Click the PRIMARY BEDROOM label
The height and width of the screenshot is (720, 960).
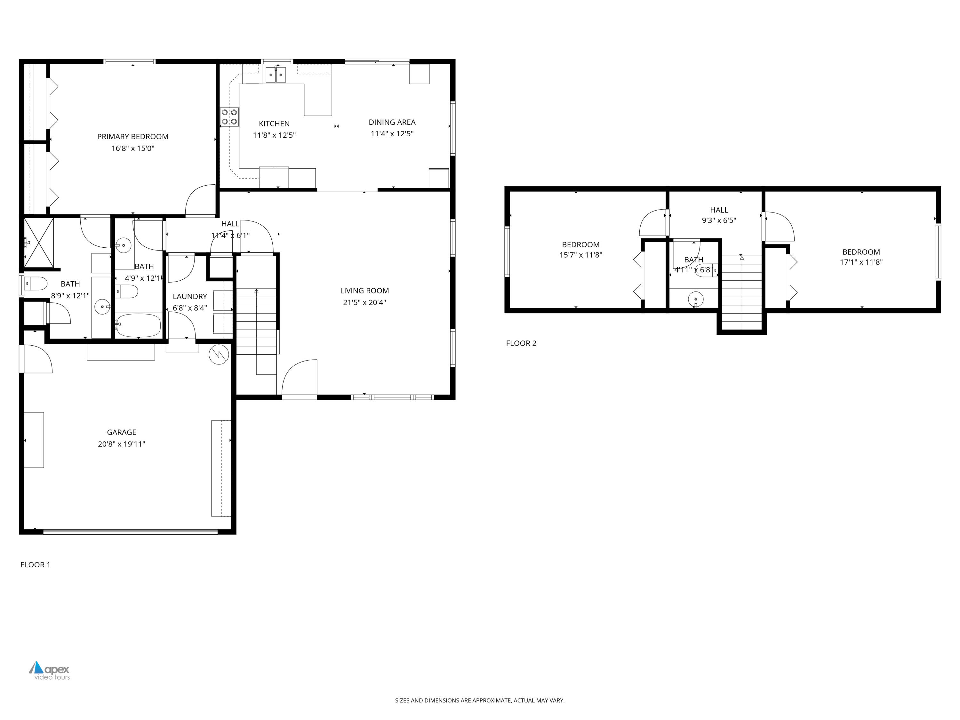coord(132,137)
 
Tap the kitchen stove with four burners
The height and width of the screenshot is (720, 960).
coord(229,117)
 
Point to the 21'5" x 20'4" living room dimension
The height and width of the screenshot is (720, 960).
coord(364,302)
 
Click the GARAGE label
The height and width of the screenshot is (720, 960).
coord(122,432)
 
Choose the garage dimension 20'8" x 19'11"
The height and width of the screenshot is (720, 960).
coord(122,444)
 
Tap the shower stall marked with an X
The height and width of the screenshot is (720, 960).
coord(39,243)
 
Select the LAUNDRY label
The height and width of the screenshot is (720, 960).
coord(190,296)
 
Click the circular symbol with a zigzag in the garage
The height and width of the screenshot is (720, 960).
coord(219,355)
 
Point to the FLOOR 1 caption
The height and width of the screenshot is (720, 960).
coord(35,564)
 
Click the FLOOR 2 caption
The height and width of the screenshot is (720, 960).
coord(521,343)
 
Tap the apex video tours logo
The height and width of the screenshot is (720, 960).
coord(50,670)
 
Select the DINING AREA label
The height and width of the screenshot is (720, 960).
coord(392,122)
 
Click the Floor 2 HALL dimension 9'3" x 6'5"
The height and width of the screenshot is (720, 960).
coord(719,220)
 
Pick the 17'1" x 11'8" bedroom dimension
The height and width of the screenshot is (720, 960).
coord(861,262)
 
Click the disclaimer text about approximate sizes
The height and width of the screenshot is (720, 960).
coord(480,700)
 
